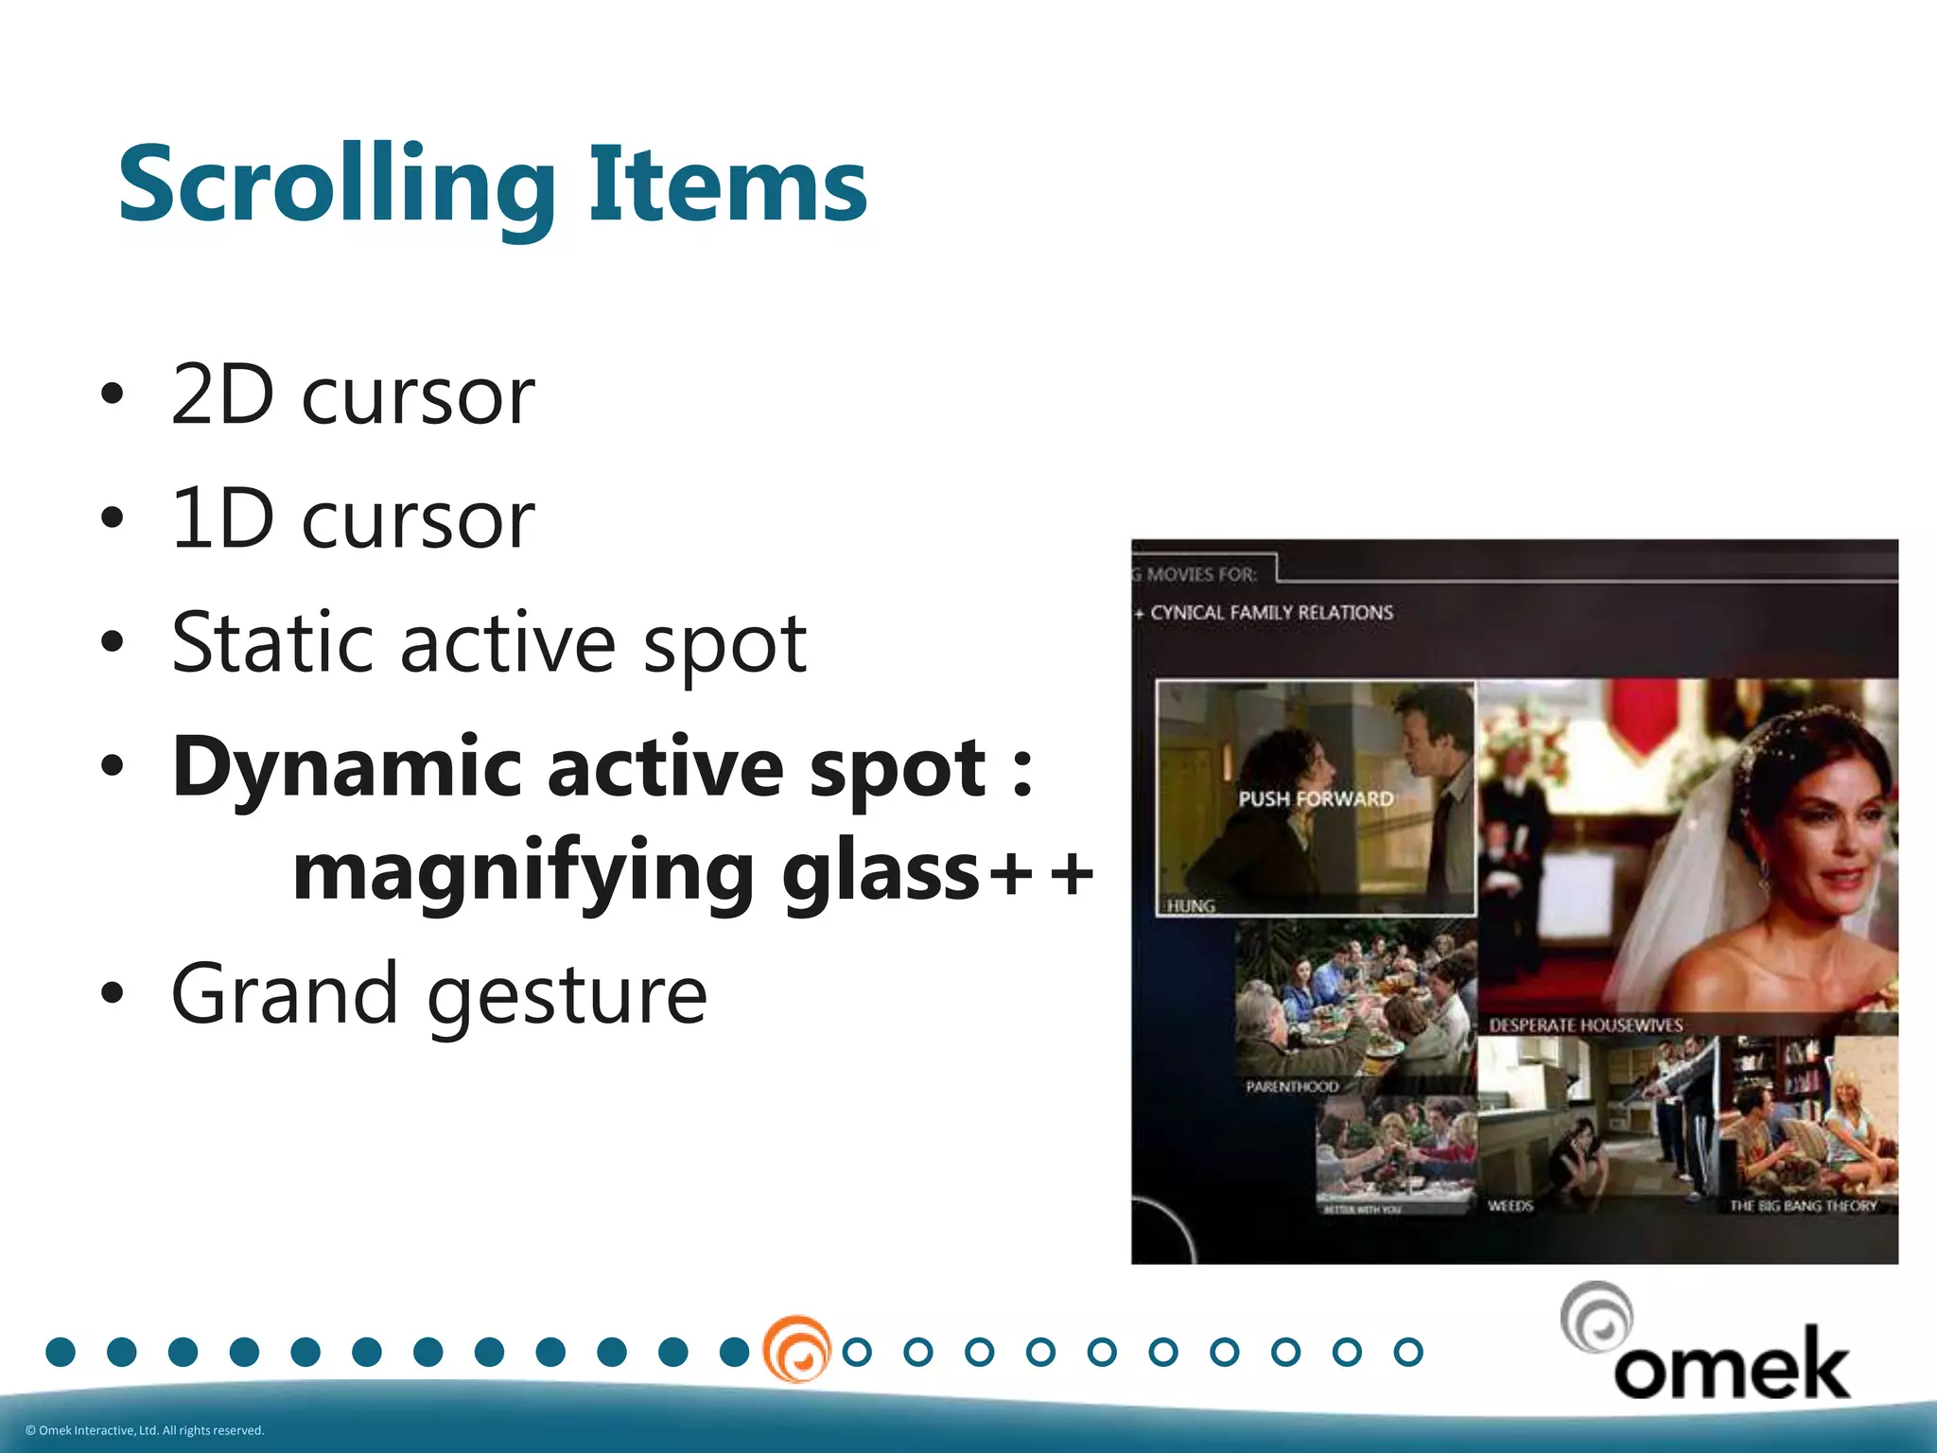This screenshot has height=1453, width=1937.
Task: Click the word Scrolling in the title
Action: [x=336, y=184]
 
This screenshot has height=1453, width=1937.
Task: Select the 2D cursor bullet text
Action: [x=353, y=395]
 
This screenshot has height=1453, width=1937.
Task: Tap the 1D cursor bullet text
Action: [x=353, y=519]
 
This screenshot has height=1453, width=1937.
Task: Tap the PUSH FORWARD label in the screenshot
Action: [x=1316, y=798]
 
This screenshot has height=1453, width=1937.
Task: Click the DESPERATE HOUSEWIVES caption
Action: [x=1585, y=1025]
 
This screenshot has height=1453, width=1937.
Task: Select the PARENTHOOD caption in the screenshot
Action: [x=1291, y=1087]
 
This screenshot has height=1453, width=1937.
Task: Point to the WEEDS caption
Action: [x=1509, y=1206]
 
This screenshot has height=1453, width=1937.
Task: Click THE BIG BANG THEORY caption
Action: [x=1803, y=1206]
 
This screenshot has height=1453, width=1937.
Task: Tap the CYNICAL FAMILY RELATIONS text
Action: [x=1271, y=613]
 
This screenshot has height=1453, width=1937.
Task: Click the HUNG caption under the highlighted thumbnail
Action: [x=1191, y=906]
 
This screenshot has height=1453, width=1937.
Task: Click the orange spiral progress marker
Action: [x=796, y=1350]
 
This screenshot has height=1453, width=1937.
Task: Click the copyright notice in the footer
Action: [x=145, y=1430]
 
